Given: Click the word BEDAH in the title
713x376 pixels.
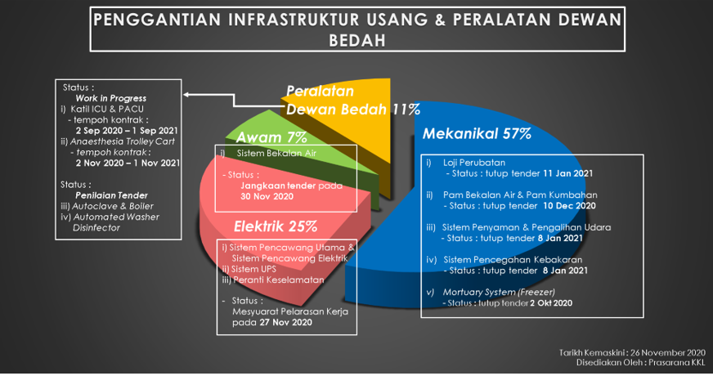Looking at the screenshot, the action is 357,41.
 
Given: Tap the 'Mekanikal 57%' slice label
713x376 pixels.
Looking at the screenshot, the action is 477,134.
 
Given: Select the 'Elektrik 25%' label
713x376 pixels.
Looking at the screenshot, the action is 276,226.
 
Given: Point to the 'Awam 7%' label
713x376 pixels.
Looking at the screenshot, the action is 271,137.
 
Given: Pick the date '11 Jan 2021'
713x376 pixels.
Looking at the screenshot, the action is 568,173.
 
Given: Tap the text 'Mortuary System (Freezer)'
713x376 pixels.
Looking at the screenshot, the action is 499,292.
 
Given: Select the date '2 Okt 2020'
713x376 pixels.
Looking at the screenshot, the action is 550,302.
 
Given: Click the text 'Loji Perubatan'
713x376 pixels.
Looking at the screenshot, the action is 473,163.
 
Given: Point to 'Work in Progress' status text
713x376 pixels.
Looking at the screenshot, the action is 111,98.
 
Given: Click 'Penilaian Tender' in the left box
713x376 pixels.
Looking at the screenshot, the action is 111,195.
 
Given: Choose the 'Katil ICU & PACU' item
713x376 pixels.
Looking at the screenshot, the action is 107,109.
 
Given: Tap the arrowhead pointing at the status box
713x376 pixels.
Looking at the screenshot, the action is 186,95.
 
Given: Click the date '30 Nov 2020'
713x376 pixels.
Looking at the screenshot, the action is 267,196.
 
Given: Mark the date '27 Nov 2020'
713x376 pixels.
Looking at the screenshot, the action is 285,322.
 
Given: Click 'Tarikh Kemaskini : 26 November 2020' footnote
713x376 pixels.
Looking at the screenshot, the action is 632,353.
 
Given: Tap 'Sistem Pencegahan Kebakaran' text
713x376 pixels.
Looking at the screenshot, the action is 513,260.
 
